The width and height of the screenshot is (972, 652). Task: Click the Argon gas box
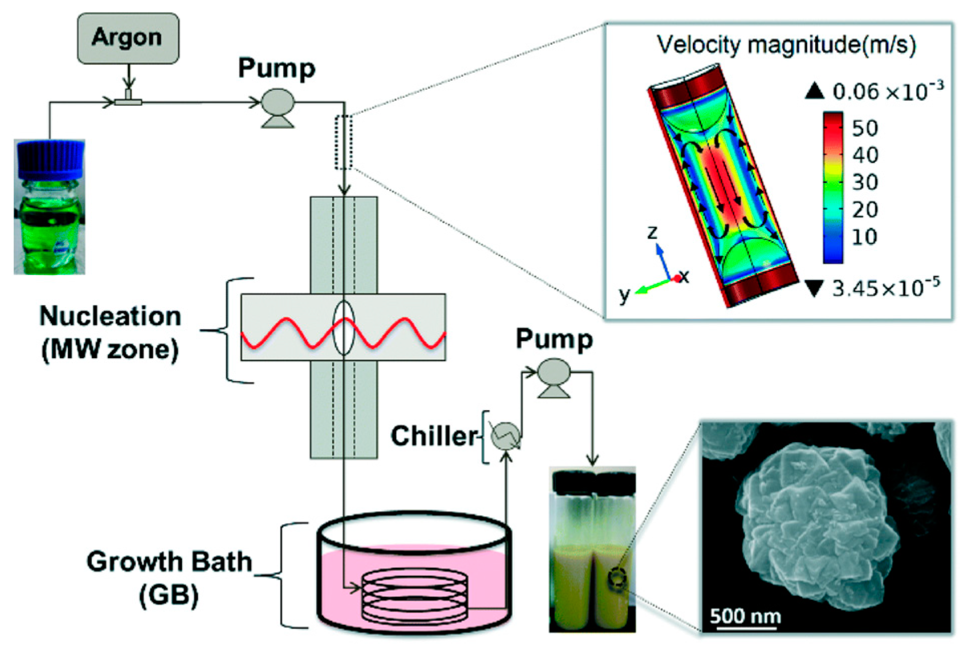pyautogui.click(x=128, y=38)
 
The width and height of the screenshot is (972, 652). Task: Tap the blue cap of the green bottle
pyautogui.click(x=51, y=158)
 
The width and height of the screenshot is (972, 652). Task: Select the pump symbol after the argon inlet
pyautogui.click(x=278, y=107)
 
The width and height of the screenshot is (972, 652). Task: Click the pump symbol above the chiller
pyautogui.click(x=554, y=376)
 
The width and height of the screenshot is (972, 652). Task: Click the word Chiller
pyautogui.click(x=434, y=436)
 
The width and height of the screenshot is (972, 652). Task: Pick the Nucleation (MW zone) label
pyautogui.click(x=110, y=333)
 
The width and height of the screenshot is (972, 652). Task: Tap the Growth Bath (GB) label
pyautogui.click(x=169, y=577)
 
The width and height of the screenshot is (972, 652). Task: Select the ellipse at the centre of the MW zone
pyautogui.click(x=344, y=328)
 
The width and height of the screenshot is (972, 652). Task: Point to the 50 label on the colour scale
pyautogui.click(x=865, y=129)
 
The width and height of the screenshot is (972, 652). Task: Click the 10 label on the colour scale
pyautogui.click(x=864, y=236)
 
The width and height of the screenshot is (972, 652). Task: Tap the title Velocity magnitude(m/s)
pyautogui.click(x=786, y=45)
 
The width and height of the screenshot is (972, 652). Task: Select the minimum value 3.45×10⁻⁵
pyautogui.click(x=885, y=288)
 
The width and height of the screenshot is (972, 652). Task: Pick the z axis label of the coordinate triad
pyautogui.click(x=652, y=232)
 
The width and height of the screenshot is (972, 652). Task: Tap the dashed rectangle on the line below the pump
pyautogui.click(x=344, y=142)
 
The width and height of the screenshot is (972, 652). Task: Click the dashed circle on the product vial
pyautogui.click(x=615, y=579)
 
